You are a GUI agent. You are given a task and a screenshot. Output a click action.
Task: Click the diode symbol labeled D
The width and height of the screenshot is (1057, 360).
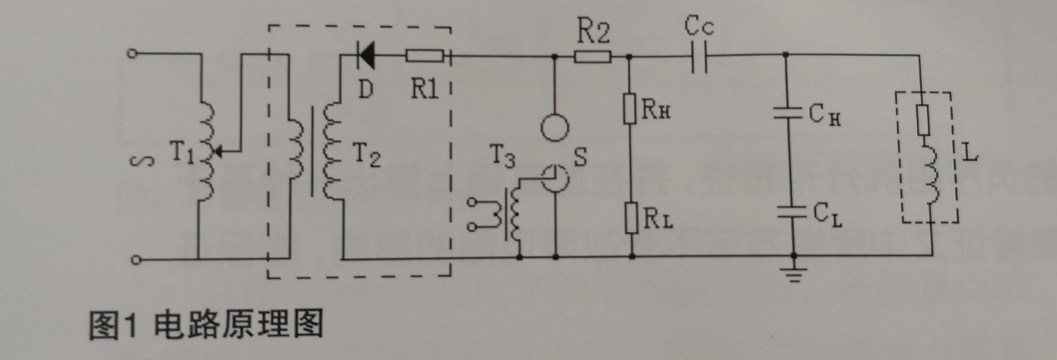pyautogui.click(x=365, y=57)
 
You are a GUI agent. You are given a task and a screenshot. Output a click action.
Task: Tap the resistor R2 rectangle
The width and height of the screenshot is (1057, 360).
pyautogui.click(x=594, y=57)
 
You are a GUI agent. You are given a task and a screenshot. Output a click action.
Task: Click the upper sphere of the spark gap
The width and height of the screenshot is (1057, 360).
pyautogui.click(x=555, y=127)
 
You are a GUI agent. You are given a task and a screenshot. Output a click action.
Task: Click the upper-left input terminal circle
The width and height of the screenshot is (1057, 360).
pyautogui.click(x=131, y=54)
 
